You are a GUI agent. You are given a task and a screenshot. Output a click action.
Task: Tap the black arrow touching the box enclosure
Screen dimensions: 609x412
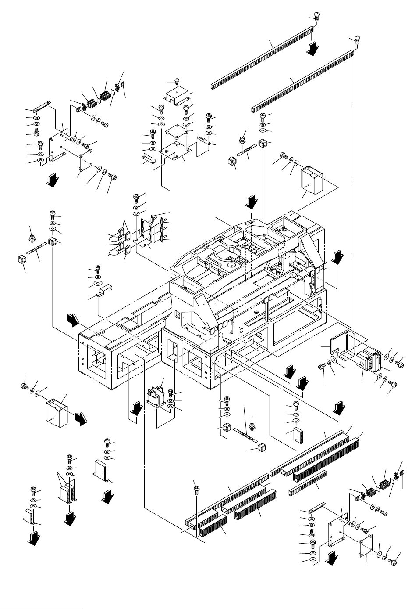(80, 418)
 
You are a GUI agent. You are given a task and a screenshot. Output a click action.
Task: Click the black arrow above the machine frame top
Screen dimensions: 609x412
(250, 202)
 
